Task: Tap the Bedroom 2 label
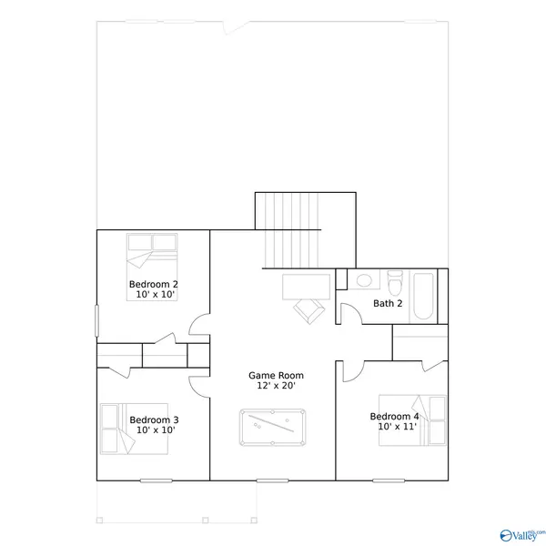coord(153,285)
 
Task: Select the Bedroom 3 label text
coord(154,420)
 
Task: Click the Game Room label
coord(277,375)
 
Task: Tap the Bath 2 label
coord(388,303)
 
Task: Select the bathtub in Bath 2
coord(424,296)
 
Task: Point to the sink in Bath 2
coord(363,281)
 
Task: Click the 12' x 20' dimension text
coord(277,387)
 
